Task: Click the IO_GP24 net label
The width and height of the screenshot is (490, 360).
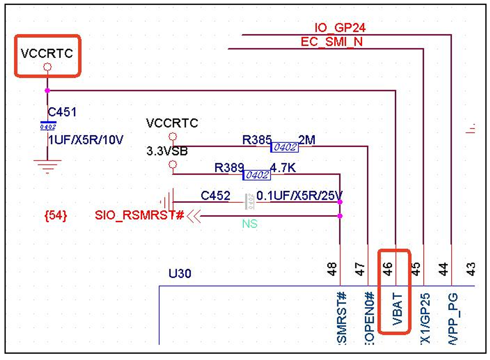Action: coord(340,28)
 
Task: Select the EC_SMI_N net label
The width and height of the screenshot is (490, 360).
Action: coord(332,42)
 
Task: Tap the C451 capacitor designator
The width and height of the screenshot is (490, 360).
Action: coord(62,112)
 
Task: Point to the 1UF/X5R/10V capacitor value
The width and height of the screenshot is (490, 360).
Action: coord(86,140)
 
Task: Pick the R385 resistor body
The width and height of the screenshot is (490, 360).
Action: coord(284,147)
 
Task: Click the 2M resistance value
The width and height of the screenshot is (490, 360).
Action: coord(307,140)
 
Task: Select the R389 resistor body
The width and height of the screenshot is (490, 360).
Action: coord(256,175)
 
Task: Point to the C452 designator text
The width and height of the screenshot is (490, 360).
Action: coord(215,196)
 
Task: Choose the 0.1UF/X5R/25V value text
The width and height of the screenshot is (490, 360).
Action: coord(300,196)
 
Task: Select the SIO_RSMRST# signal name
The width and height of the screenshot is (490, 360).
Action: coord(140,216)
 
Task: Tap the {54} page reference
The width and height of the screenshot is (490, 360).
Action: coord(56,216)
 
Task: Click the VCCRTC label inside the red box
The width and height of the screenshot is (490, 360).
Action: coord(47,54)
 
